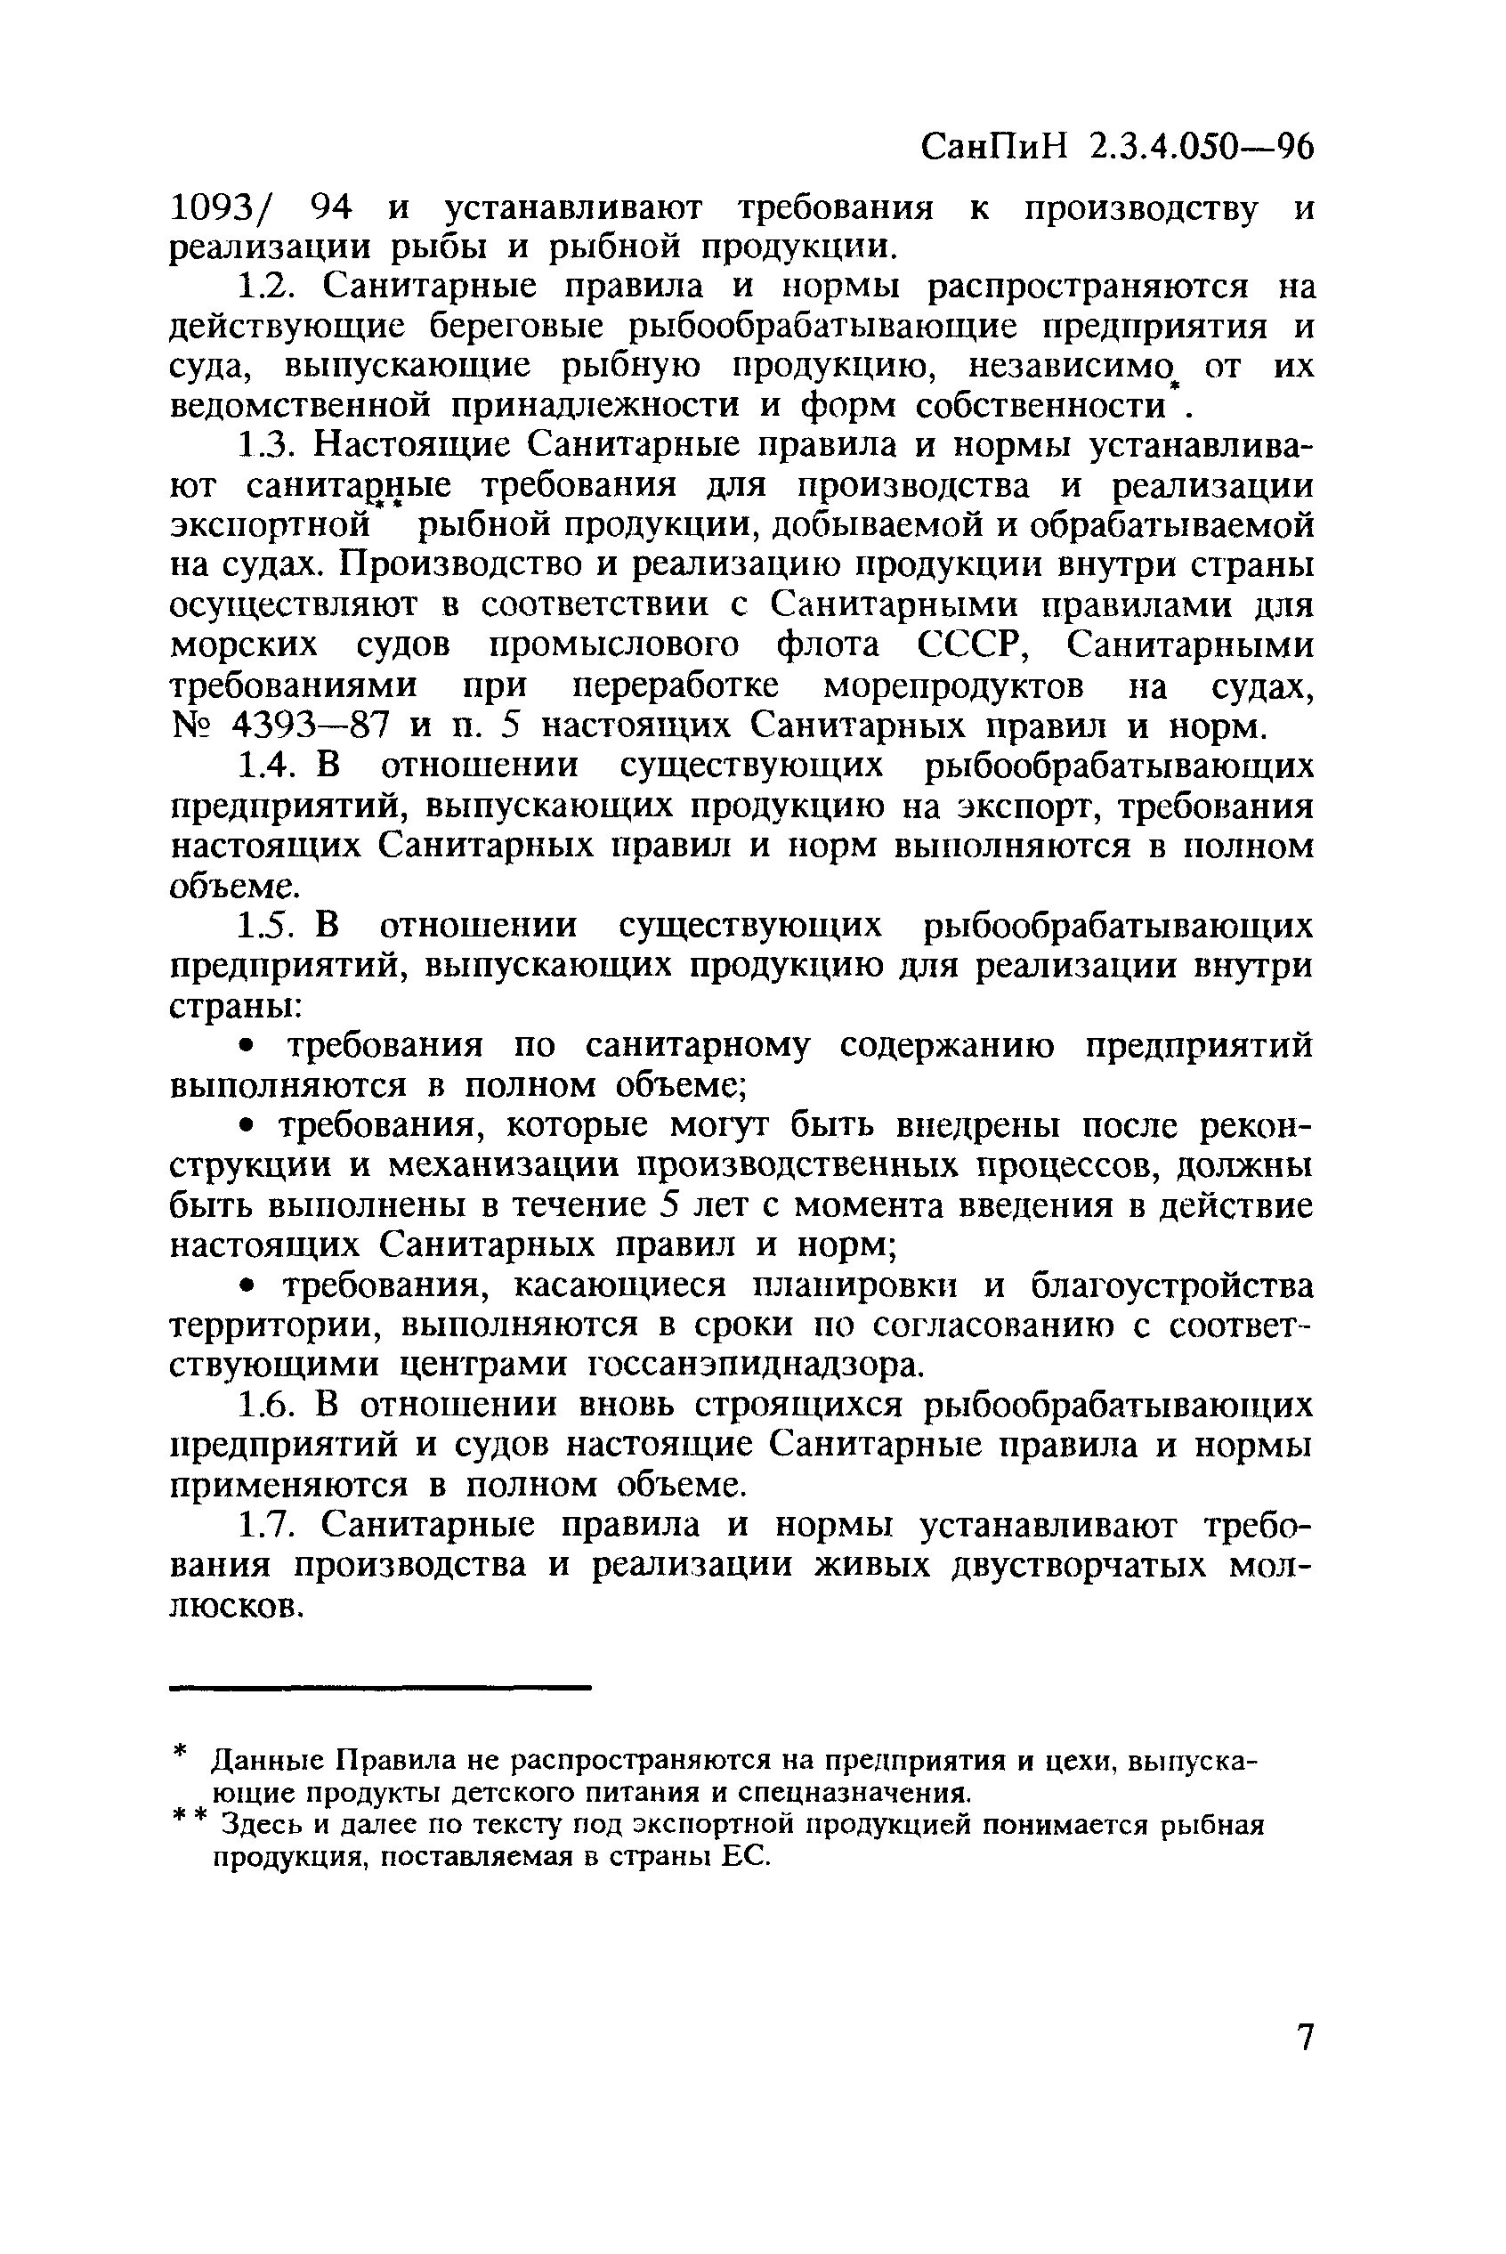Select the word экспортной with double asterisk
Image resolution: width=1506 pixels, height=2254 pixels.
(x=271, y=526)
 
